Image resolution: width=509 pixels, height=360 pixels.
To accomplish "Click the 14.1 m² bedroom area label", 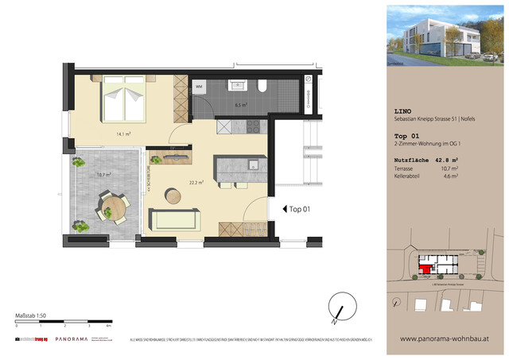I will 123,134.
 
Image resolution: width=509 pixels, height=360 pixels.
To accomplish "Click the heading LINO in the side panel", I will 404,111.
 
